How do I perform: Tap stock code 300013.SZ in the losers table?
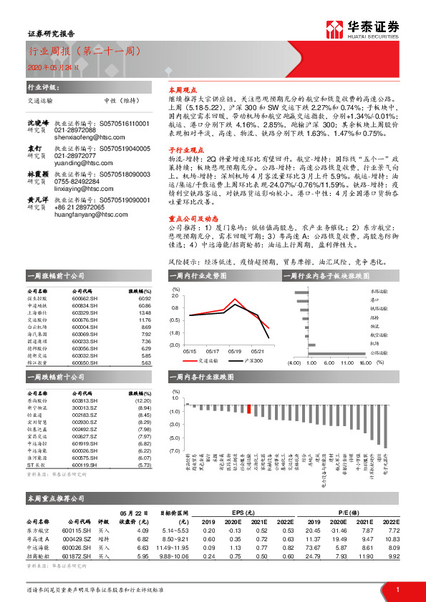click(x=85, y=408)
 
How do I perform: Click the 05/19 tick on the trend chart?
click(x=235, y=350)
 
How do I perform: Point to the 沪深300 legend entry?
click(x=253, y=361)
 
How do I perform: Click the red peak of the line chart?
click(x=235, y=299)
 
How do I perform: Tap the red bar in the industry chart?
click(x=248, y=409)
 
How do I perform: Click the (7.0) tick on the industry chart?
click(x=175, y=450)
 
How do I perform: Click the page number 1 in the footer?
click(x=397, y=588)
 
